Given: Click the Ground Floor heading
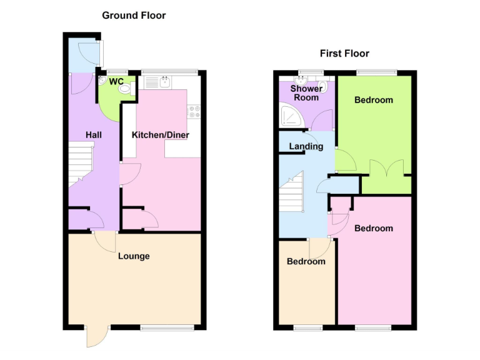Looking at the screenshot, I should [134, 15].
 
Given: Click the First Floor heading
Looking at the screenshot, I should [344, 54].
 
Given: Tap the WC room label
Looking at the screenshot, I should [116, 82].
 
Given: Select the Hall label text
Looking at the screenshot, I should [94, 135].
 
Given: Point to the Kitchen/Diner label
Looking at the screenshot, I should [161, 135].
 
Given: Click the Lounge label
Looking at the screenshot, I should [134, 256].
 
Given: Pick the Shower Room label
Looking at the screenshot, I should [306, 93].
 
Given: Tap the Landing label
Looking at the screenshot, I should [306, 147].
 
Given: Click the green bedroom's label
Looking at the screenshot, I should [374, 100].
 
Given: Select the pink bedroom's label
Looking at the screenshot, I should [374, 229].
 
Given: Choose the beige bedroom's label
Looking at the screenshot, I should [306, 262].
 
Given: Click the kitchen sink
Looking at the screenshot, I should [166, 82].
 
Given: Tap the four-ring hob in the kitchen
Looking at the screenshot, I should [193, 111].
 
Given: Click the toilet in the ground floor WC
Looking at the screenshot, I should [127, 89].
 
